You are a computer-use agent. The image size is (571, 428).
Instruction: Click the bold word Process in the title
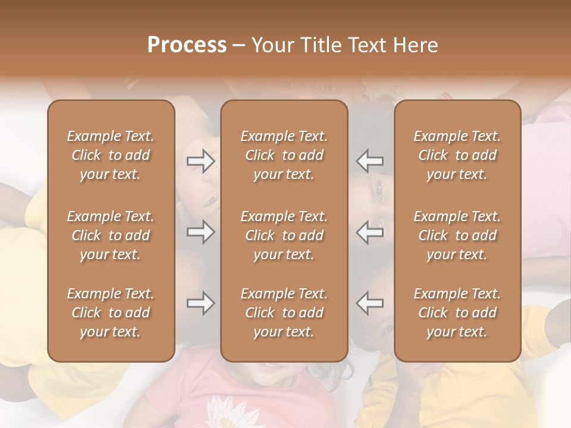187,45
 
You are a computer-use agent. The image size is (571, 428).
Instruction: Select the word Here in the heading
415,45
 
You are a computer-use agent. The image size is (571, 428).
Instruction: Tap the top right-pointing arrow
201,161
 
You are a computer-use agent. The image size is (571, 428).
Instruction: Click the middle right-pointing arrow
201,232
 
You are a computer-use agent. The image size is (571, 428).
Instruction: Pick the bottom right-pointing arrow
201,304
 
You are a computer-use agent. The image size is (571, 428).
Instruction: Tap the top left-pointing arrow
369,161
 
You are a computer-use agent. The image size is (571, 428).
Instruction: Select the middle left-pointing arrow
369,232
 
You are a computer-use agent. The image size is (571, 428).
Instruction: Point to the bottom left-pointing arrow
369,304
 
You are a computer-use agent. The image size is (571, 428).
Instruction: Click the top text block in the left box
111,155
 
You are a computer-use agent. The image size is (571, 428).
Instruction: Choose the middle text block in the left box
111,235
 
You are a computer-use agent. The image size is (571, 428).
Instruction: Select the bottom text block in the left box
111,313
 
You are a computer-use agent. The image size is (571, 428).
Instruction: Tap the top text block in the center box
284,155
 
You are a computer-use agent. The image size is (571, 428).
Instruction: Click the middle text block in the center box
284,235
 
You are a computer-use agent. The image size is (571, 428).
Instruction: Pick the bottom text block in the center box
284,313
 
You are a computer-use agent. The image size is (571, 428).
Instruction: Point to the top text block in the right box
457,155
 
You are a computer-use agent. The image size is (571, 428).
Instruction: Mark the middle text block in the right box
457,235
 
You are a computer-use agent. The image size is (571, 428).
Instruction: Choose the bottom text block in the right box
457,313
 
